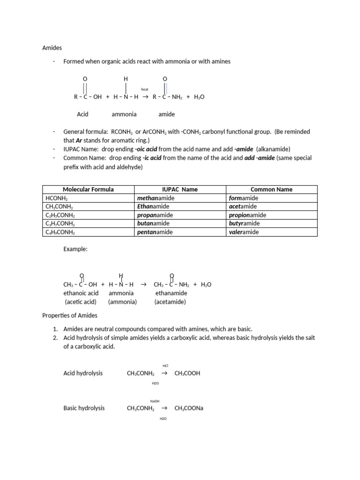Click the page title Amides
click(52, 48)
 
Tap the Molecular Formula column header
click(88, 189)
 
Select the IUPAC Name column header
click(180, 189)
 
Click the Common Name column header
click(271, 189)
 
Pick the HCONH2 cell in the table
click(55, 198)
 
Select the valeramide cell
click(244, 232)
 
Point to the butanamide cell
click(153, 224)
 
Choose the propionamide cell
click(247, 215)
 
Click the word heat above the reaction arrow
click(145, 89)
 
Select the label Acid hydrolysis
click(83, 373)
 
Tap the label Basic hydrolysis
click(84, 408)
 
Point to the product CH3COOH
click(187, 374)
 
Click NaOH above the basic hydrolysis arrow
click(155, 401)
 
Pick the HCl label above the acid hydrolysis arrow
click(165, 366)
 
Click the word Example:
click(75, 249)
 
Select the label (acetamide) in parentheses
click(170, 302)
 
